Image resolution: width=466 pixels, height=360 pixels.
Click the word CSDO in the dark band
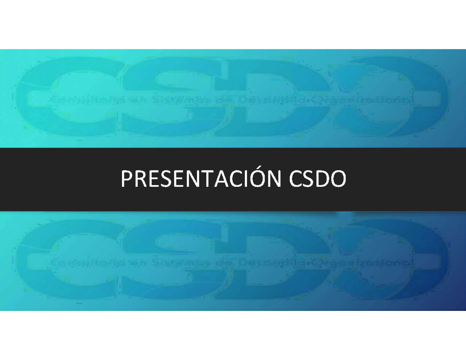(x=317, y=179)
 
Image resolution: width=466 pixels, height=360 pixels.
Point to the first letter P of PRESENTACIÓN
(x=126, y=179)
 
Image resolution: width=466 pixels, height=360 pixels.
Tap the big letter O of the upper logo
(x=392, y=97)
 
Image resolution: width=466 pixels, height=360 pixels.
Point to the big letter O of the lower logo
(x=392, y=260)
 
